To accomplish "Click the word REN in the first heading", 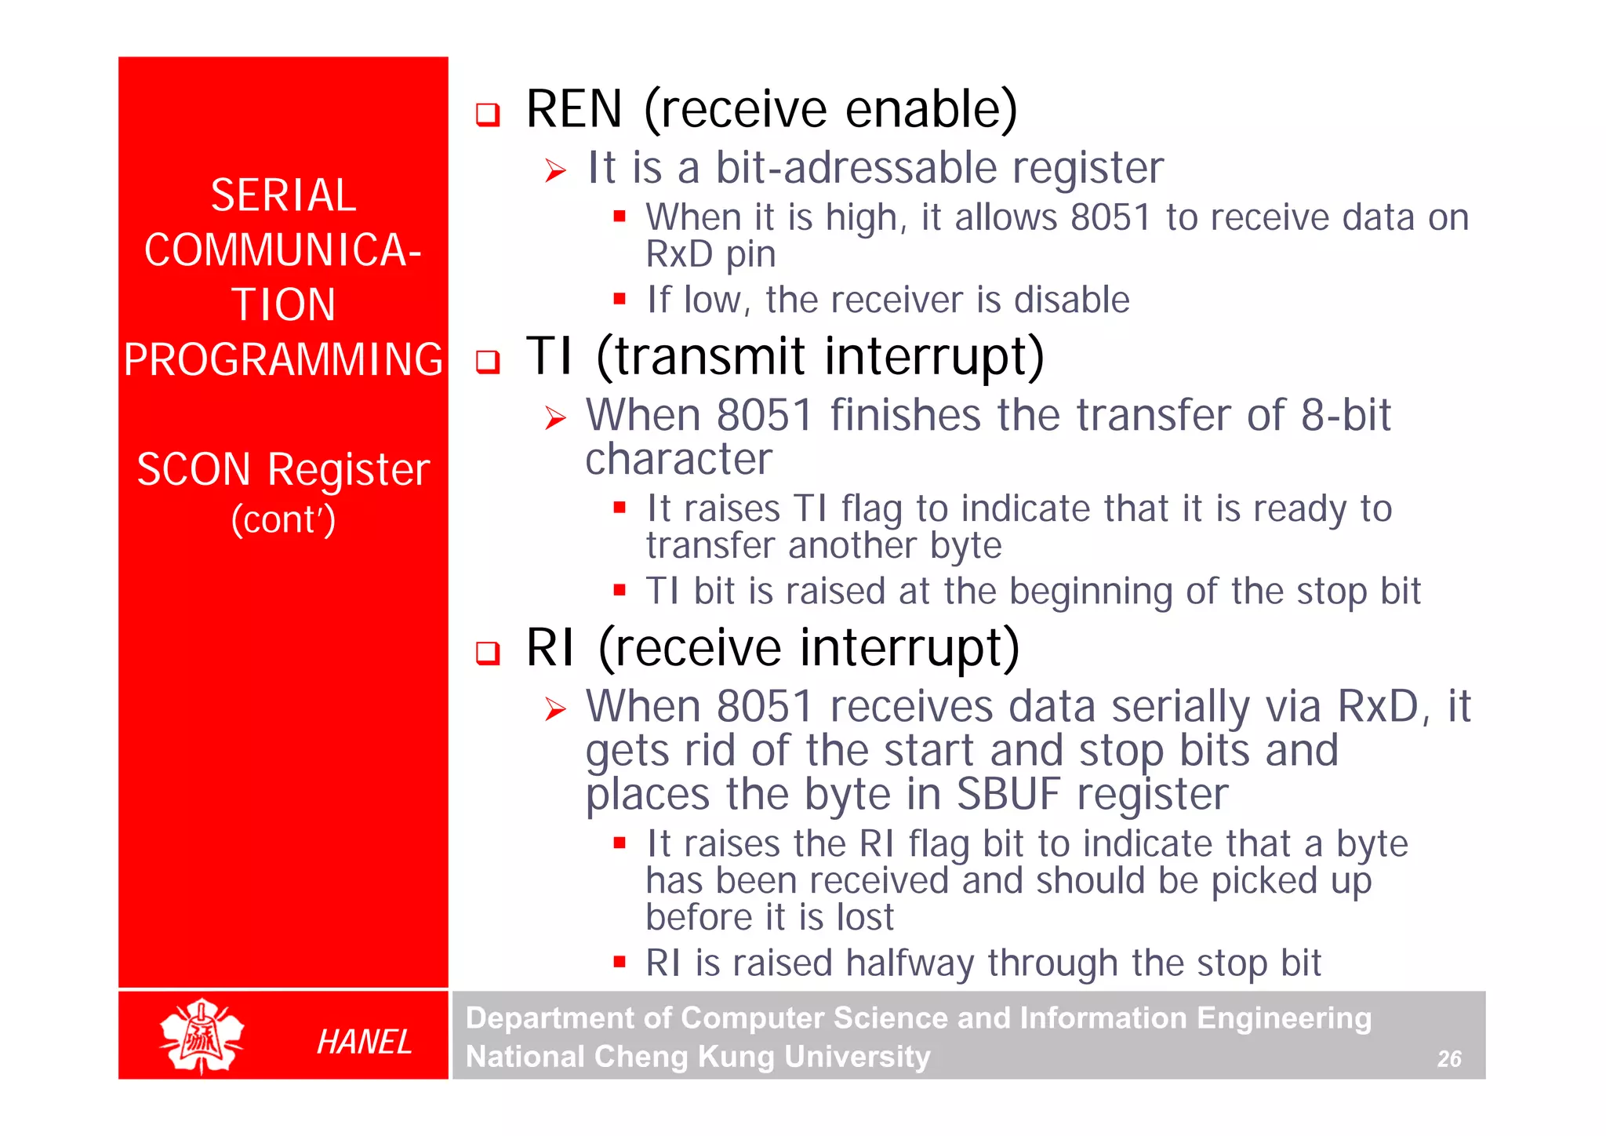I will click(x=573, y=109).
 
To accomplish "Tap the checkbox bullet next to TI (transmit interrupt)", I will click(x=488, y=362).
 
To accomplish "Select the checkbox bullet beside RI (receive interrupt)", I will click(x=488, y=653).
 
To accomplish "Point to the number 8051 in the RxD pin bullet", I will click(x=1110, y=217).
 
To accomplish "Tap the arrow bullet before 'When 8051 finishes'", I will click(x=555, y=418).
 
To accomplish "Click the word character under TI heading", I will click(x=678, y=459).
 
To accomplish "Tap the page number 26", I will click(x=1448, y=1059).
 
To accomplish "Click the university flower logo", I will click(x=202, y=1036).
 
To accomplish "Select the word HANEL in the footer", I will click(x=364, y=1042).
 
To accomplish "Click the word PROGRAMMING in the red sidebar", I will click(x=283, y=360).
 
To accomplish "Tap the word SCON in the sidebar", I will click(x=193, y=470).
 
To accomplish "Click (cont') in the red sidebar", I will click(x=283, y=520).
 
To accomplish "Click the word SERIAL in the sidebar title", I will click(x=283, y=195).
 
